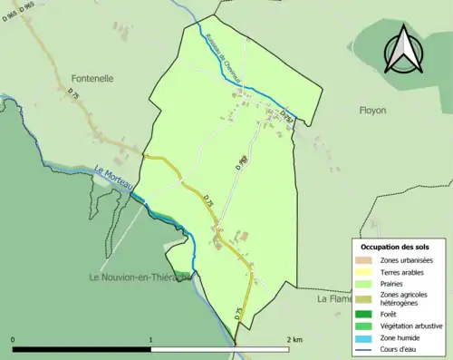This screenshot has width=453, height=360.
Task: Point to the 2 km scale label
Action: tap(294, 339)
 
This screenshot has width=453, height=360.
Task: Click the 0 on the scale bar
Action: tap(13, 339)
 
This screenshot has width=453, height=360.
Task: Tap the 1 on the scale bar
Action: tap(150, 339)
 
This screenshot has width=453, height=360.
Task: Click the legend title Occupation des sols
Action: tap(395, 246)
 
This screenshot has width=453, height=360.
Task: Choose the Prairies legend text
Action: tap(395, 282)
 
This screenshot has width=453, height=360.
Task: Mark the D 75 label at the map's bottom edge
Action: tap(239, 312)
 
